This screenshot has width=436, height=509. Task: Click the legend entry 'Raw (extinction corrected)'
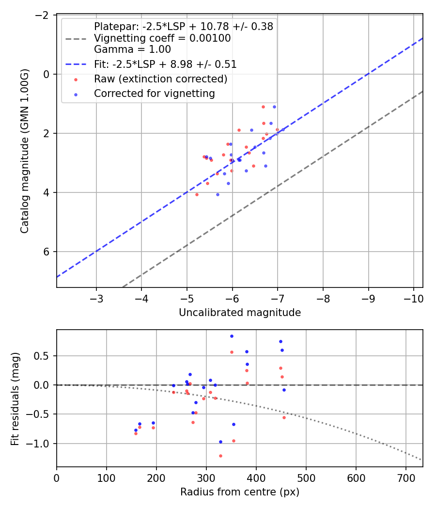tap(160, 79)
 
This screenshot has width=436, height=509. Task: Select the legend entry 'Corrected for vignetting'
tap(155, 93)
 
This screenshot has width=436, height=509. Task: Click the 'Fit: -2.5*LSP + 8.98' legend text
tap(165, 64)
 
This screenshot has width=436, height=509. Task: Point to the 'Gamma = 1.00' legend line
tap(132, 49)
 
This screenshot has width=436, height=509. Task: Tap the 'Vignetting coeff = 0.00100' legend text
tap(162, 38)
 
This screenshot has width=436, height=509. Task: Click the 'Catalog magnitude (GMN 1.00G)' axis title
tap(25, 151)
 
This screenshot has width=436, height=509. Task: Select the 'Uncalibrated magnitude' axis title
tap(240, 313)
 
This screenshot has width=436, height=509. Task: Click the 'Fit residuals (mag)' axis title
tap(15, 398)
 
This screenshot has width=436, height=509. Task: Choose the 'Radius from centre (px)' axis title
tap(240, 492)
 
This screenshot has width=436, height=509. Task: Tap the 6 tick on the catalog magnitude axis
tap(47, 252)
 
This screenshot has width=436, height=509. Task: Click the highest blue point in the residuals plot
tap(232, 336)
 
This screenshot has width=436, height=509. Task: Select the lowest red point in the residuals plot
tap(220, 456)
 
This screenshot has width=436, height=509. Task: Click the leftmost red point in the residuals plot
tap(136, 433)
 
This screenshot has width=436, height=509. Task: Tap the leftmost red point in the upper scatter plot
tap(197, 194)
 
